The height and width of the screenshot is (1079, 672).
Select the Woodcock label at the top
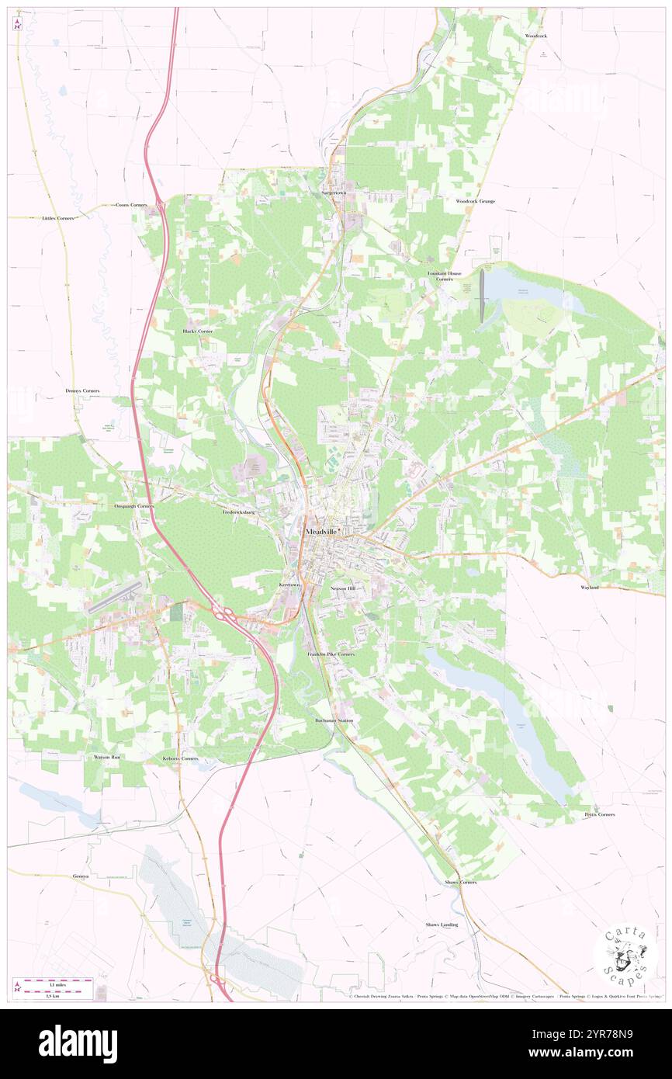pyautogui.click(x=535, y=36)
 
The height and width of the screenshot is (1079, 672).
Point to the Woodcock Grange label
pyautogui.click(x=475, y=201)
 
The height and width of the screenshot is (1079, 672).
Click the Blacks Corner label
pyautogui.click(x=197, y=331)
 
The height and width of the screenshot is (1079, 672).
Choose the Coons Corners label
pyautogui.click(x=131, y=204)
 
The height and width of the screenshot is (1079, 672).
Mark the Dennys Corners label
pyautogui.click(x=82, y=390)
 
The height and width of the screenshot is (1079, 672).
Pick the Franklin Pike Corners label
pyautogui.click(x=331, y=654)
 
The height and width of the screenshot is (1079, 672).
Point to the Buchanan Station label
pyautogui.click(x=334, y=720)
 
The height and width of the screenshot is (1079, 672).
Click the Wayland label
pyautogui.click(x=590, y=588)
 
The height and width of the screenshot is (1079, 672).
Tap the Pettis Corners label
pyautogui.click(x=600, y=814)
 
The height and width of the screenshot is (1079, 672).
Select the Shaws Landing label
pyautogui.click(x=442, y=925)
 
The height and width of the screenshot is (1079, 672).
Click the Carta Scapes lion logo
pyautogui.click(x=620, y=954)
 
